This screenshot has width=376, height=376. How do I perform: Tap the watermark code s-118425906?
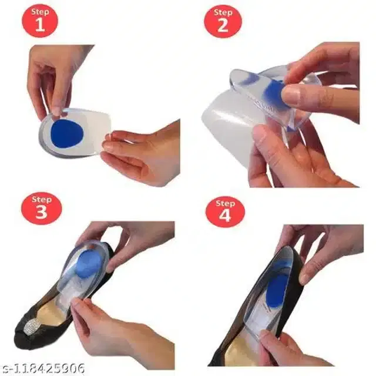(42, 368)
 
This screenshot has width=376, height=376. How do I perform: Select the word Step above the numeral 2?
(223, 12)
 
